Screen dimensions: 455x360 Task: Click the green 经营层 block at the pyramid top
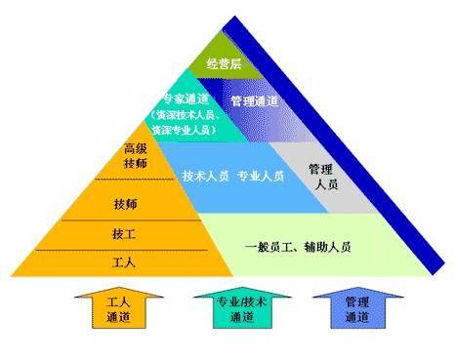(x=224, y=64)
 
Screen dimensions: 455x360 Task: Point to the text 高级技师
(x=136, y=158)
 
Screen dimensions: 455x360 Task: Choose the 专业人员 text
(x=261, y=176)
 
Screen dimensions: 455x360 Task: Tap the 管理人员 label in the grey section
(x=320, y=175)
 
